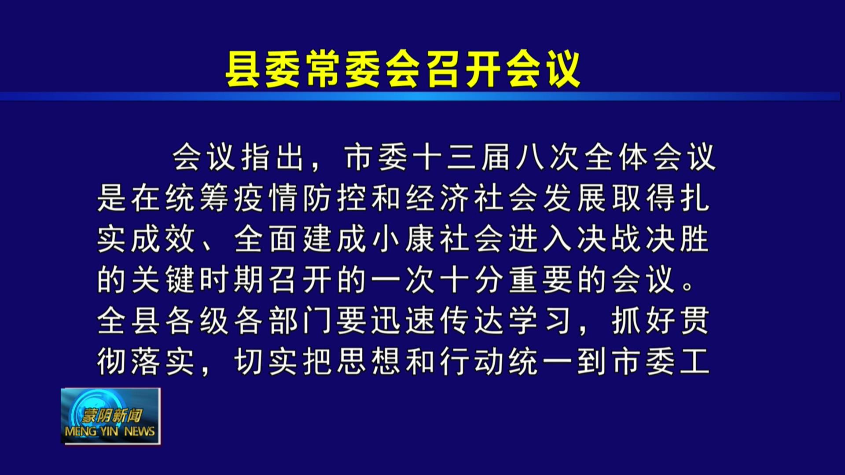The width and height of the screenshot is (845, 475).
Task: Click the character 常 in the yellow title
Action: point(323,69)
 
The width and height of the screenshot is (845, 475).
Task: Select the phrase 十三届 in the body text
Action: point(461,157)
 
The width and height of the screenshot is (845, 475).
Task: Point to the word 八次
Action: point(547,157)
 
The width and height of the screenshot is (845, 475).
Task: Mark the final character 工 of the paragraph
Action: point(695,362)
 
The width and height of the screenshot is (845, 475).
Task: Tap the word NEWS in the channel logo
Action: point(140,431)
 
